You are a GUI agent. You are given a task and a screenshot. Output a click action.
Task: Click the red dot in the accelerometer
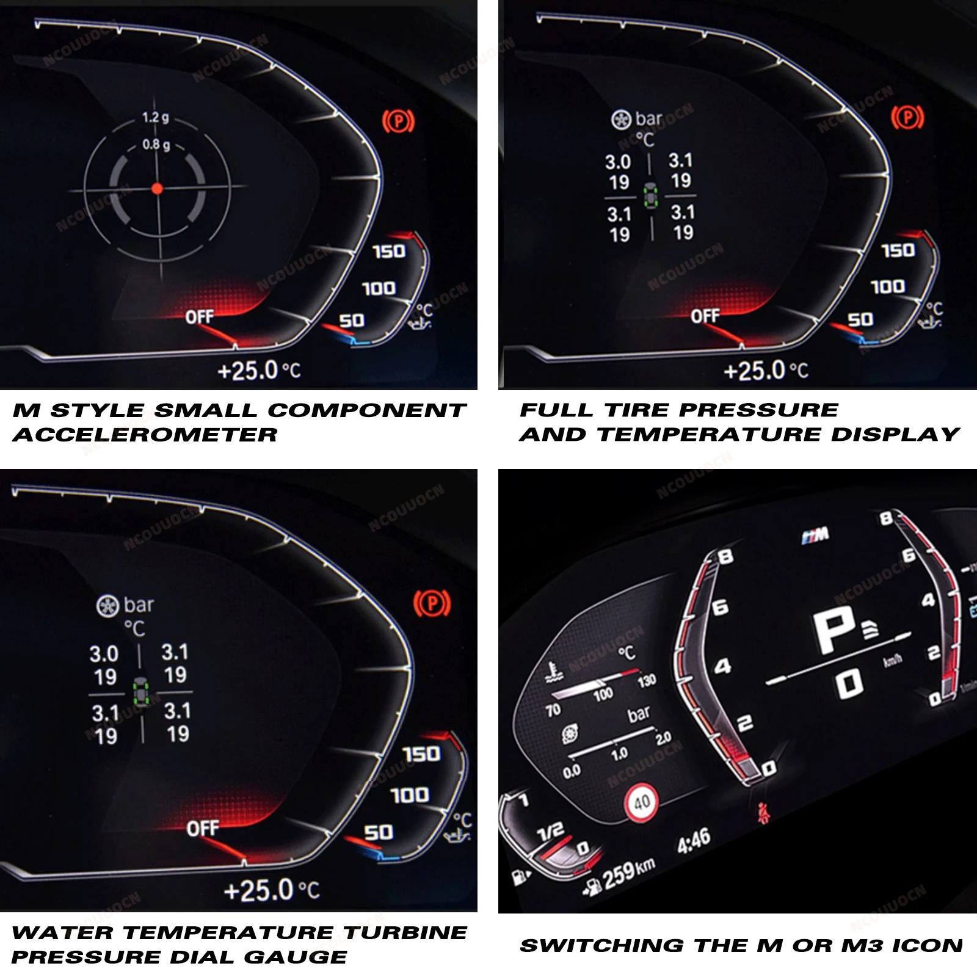157,189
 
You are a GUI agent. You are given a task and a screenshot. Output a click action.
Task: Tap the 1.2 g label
155,117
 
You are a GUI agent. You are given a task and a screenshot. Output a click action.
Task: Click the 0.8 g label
156,145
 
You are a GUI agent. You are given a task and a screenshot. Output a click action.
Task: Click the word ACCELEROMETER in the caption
145,435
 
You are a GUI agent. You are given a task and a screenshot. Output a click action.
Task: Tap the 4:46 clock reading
694,840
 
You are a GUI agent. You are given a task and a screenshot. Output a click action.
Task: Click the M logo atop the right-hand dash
816,536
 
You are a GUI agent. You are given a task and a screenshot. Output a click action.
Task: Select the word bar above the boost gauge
639,713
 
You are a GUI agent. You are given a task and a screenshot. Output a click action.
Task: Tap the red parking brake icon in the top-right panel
907,118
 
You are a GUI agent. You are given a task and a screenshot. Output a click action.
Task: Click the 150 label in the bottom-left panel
421,754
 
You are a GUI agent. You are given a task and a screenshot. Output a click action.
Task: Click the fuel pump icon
520,878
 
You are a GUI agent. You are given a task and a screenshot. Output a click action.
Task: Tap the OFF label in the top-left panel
199,317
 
